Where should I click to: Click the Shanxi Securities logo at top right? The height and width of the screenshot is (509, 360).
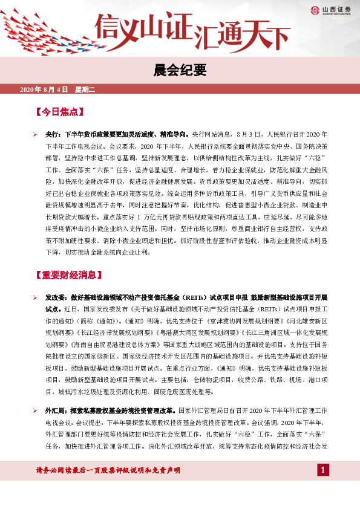pos(328,10)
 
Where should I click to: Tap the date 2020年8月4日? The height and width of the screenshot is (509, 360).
pos(44,90)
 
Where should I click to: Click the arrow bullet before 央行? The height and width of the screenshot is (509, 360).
pos(35,135)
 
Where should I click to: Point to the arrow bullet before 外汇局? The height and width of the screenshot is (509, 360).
pos(35,394)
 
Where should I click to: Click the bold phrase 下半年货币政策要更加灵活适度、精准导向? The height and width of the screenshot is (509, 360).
pos(126,135)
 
